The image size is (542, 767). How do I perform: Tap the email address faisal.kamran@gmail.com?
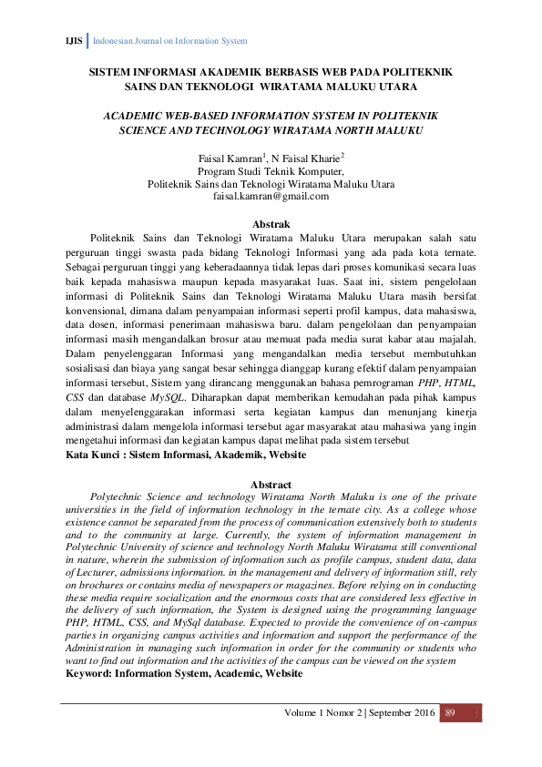271,196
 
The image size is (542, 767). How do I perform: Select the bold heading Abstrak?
271,224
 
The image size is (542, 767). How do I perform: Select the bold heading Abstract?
271,486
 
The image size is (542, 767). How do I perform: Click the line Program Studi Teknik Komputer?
271,170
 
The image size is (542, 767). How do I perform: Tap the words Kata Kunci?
94,454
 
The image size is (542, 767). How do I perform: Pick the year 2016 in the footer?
415,711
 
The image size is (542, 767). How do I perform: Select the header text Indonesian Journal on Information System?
170,41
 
